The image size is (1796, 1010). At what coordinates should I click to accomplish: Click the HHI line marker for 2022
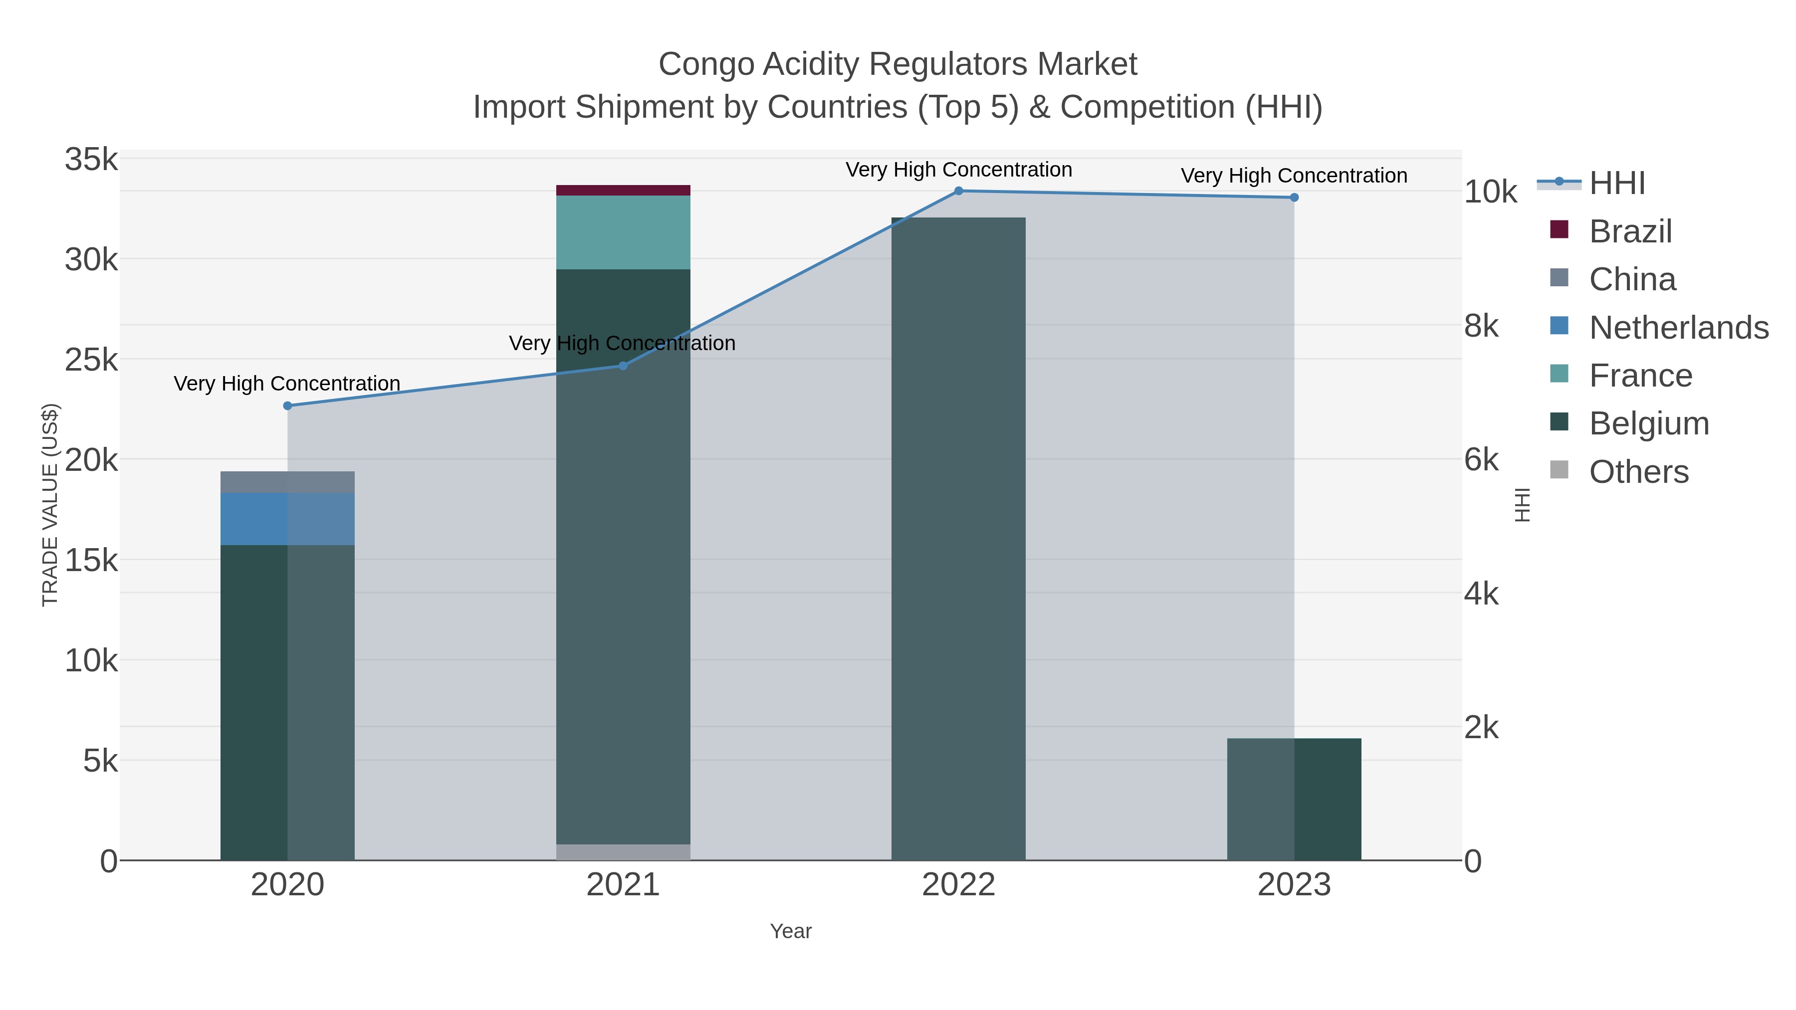coord(959,191)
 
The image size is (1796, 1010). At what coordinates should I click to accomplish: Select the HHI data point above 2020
coord(287,405)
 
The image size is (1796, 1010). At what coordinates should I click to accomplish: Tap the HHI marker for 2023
coord(1294,197)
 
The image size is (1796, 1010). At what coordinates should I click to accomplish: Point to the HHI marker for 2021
coord(623,366)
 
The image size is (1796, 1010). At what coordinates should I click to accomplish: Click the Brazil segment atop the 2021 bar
coord(623,191)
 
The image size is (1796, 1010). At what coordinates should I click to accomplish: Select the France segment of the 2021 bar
coord(623,232)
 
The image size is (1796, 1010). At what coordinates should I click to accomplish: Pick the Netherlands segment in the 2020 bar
coord(287,519)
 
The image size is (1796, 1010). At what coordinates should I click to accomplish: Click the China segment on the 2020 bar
coord(287,482)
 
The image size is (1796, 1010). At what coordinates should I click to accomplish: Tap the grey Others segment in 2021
coord(623,852)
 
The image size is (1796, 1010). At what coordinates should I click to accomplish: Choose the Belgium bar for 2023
coord(1294,799)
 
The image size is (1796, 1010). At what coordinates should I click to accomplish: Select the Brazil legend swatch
coord(1559,230)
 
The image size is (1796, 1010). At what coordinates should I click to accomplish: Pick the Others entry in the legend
coord(1638,472)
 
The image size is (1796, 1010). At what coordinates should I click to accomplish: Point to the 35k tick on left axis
coord(91,160)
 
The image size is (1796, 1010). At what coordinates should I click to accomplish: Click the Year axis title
coord(791,931)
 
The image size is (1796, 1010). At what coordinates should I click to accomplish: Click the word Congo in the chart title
coord(705,65)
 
